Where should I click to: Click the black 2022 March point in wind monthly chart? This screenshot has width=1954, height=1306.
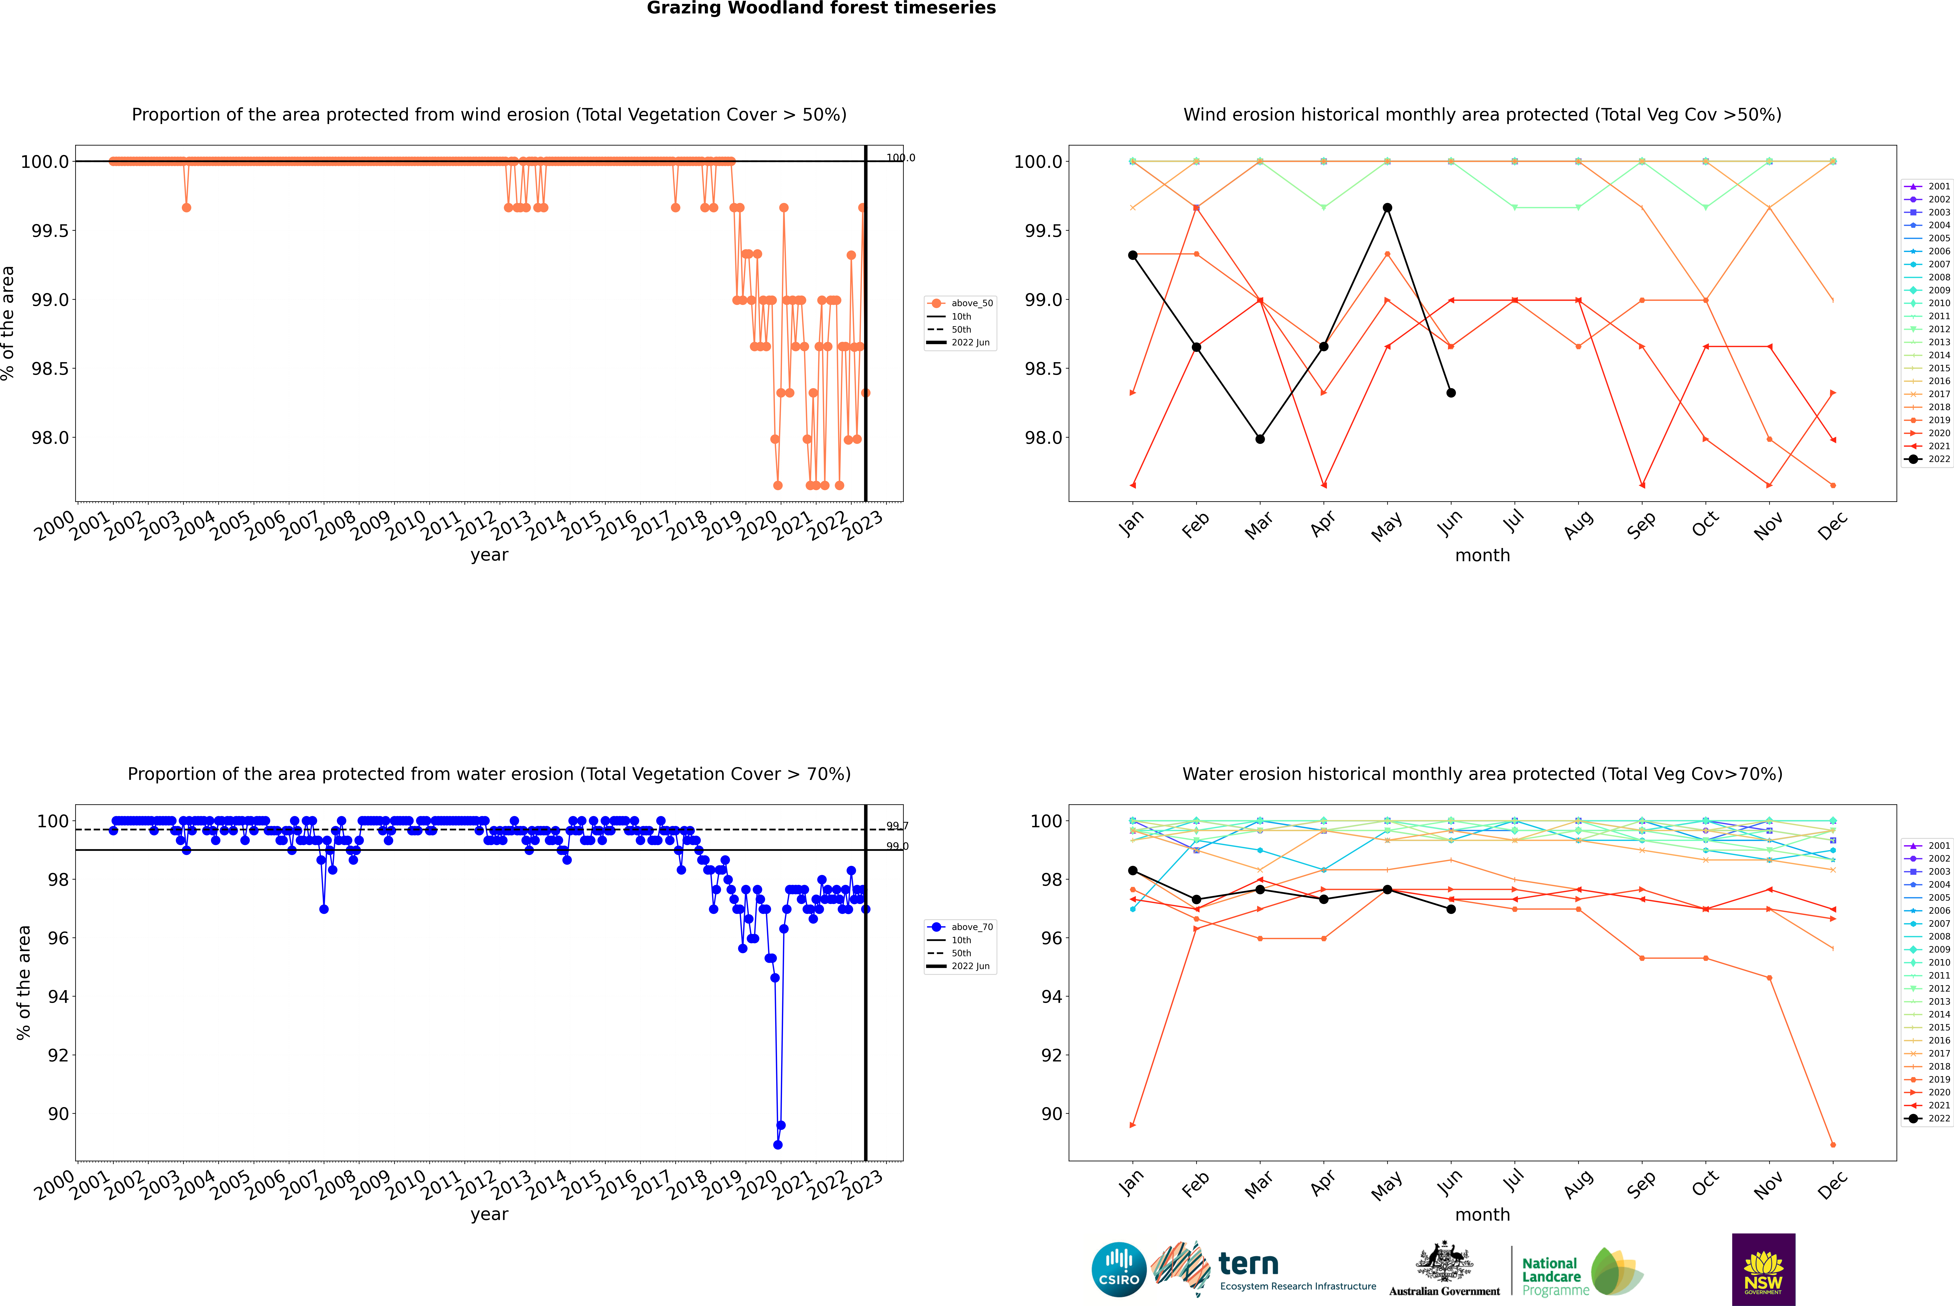point(1260,439)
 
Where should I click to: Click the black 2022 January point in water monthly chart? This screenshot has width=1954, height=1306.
point(1133,870)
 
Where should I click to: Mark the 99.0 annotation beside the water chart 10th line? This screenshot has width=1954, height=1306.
point(897,846)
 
